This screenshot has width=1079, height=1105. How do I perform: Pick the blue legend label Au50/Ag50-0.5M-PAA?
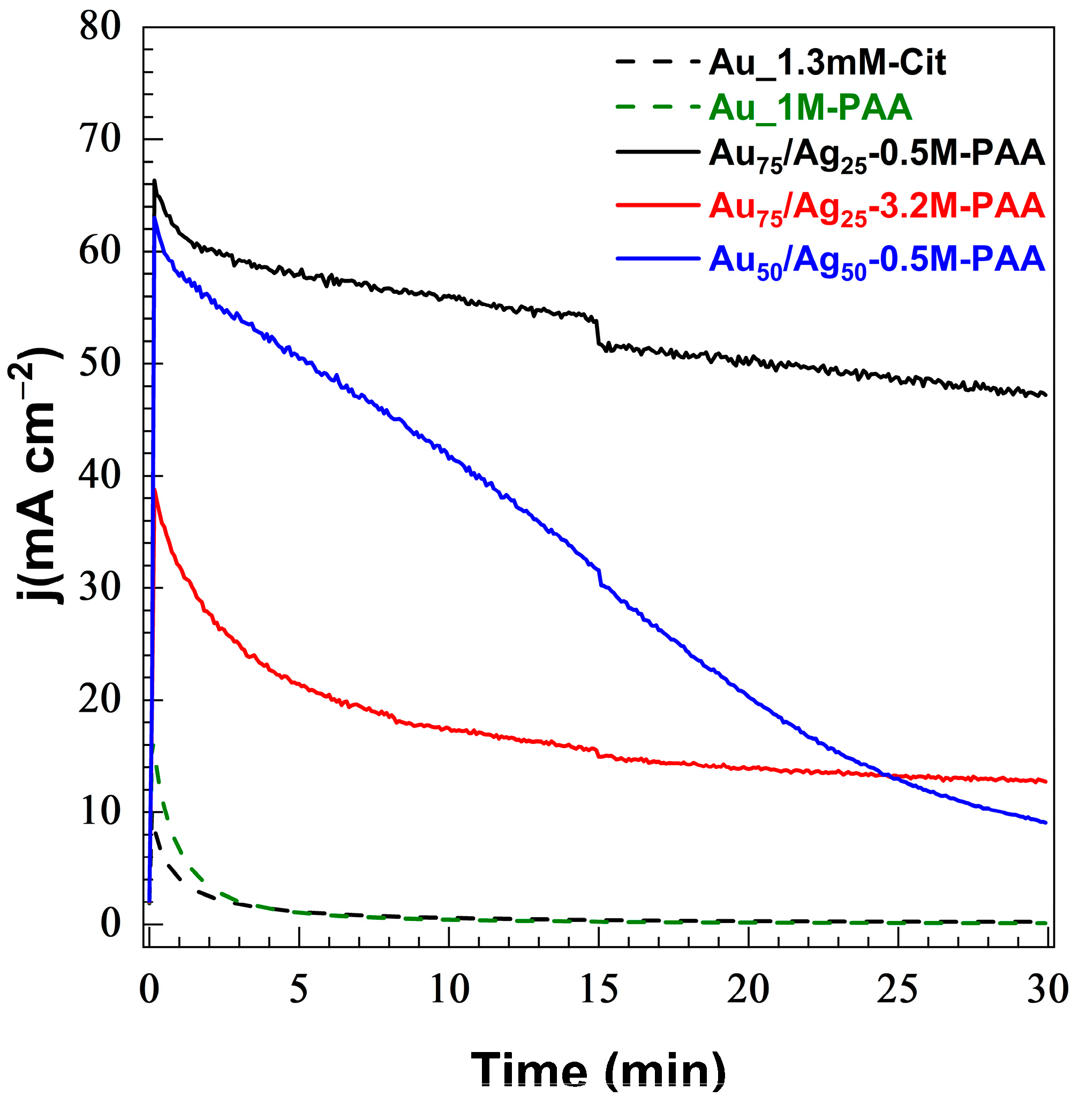point(876,262)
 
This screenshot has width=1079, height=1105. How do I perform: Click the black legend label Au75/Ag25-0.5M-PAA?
point(876,154)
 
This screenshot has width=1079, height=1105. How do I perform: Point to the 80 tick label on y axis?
point(100,27)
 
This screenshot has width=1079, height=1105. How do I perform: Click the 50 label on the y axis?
point(100,364)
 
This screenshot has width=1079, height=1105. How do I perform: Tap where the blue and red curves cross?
point(886,775)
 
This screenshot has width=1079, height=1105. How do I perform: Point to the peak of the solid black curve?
point(155,181)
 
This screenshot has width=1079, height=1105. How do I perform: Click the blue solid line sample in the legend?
point(658,258)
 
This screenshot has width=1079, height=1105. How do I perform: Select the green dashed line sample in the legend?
point(658,107)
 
